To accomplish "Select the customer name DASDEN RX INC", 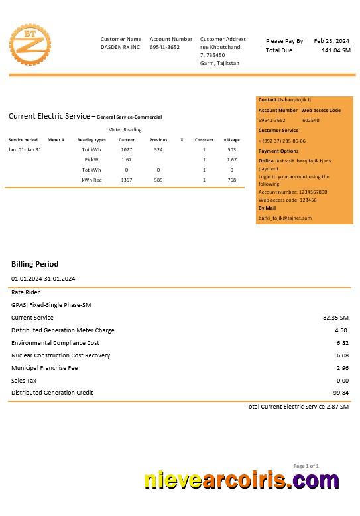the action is [121, 48].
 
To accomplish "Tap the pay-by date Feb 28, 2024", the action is [331, 41].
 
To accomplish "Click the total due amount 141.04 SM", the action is [335, 50].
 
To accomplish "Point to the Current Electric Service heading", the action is [50, 116].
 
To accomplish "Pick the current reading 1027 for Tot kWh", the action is [127, 150].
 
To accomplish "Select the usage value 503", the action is [231, 150].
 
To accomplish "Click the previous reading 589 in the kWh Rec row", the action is [158, 180].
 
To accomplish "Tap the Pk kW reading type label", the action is [91, 160].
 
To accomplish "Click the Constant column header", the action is [204, 140].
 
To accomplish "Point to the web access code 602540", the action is [310, 121].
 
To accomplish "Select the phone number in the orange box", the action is [282, 141].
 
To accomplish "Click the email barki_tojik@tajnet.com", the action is [284, 218].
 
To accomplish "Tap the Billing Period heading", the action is [34, 264].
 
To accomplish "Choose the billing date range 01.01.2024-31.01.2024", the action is [43, 279].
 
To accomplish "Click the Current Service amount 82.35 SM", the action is [335, 318].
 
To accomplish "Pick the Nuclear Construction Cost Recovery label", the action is [60, 355].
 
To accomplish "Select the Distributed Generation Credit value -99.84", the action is [340, 393].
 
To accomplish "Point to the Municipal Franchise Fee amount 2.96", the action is [343, 368].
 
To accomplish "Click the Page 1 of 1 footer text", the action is [306, 466].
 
